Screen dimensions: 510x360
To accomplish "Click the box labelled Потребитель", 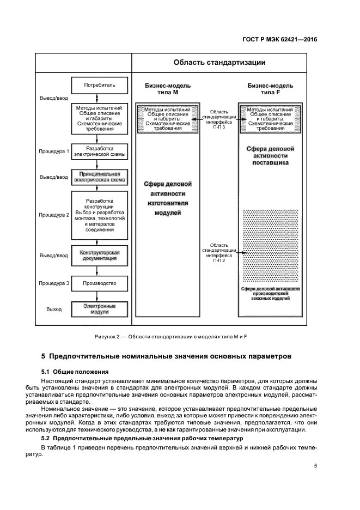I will tap(100, 86).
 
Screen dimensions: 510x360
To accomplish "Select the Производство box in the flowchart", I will tap(100, 283).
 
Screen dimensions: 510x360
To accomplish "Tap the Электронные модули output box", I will tap(100, 309).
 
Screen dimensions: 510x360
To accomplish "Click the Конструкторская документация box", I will tap(100, 256).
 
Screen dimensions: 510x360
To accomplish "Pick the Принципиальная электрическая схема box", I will tap(100, 177).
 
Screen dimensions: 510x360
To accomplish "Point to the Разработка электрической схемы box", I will tap(100, 151).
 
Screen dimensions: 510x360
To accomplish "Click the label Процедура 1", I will tap(54, 151).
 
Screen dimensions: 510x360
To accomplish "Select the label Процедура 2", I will tap(54, 215).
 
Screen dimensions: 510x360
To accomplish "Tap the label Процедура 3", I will tap(54, 283).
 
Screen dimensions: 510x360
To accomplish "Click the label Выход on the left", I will tap(54, 309).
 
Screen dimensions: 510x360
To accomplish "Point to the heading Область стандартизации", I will tap(219, 63).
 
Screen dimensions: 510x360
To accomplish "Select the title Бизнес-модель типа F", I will tap(270, 89).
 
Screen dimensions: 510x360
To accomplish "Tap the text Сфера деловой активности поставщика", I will tap(270, 155).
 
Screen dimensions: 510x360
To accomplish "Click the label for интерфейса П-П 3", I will tap(219, 119).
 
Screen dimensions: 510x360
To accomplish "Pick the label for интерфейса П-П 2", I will tap(219, 253).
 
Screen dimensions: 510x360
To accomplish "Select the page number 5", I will tap(316, 465).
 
